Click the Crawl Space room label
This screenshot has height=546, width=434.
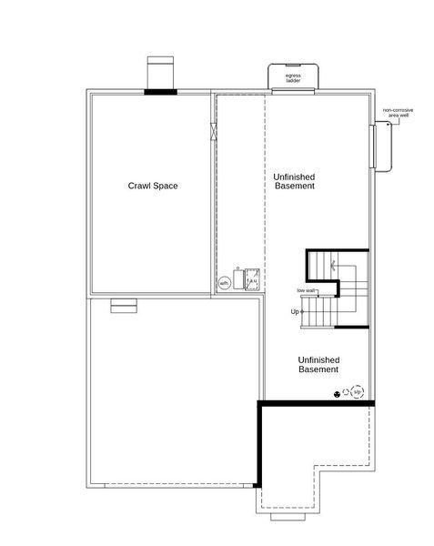(152, 186)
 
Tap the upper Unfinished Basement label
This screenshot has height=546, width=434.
(294, 180)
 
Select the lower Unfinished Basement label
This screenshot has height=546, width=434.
(318, 365)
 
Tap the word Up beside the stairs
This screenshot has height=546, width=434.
(295, 312)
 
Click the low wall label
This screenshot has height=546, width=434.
(306, 290)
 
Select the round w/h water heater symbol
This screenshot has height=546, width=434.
(224, 283)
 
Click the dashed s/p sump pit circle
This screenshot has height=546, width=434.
(358, 392)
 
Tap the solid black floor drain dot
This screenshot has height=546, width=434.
(338, 394)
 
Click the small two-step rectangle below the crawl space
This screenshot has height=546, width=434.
(122, 307)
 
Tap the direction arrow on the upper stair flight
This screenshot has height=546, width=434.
(334, 265)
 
